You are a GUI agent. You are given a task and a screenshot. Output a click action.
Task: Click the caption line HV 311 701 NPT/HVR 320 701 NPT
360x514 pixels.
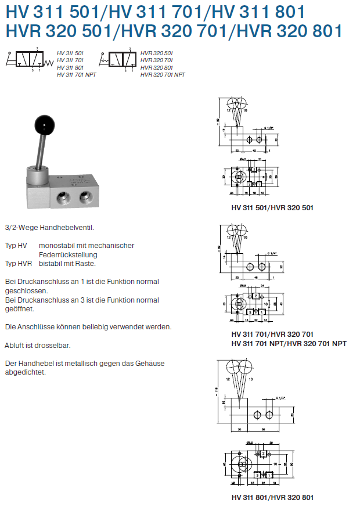(289, 343)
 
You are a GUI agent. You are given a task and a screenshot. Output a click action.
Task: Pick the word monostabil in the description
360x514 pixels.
(56, 246)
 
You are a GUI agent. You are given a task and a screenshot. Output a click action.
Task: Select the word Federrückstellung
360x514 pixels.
(68, 254)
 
